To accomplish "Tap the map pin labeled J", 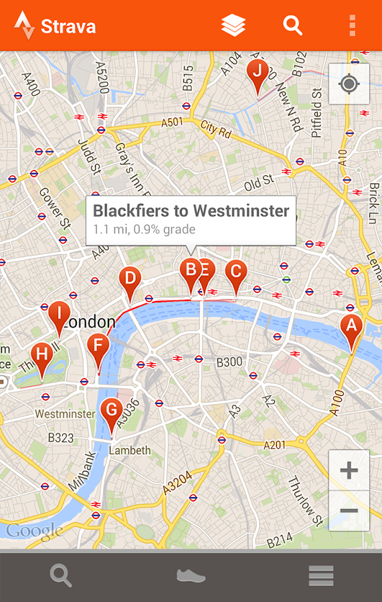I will click(x=257, y=71).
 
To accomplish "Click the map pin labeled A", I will click(x=351, y=326).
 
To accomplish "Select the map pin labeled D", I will click(x=130, y=278).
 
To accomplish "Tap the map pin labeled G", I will click(x=112, y=409).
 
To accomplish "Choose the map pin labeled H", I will click(x=42, y=355).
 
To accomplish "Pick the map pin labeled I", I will click(x=59, y=313).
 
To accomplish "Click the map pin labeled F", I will click(x=98, y=346).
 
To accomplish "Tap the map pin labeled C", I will click(x=235, y=272).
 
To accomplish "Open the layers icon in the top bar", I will click(x=233, y=25).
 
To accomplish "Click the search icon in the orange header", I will click(x=292, y=25).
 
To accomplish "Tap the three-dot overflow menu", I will click(x=352, y=25).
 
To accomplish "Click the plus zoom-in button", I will click(x=349, y=470).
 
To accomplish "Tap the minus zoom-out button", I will click(x=349, y=511).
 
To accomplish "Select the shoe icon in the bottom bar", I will click(x=191, y=576).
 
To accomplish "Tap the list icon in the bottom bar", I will click(x=321, y=576).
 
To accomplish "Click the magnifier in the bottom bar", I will click(x=61, y=576).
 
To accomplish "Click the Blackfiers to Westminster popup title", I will click(x=191, y=211).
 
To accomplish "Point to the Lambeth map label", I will click(x=130, y=450).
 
